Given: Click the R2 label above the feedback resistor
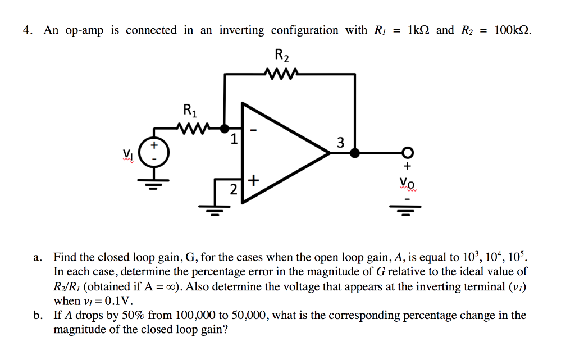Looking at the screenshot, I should click(282, 55).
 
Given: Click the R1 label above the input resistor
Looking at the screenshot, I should click(190, 110).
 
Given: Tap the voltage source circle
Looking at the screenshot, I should click(151, 152).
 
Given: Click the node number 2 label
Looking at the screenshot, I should click(234, 190).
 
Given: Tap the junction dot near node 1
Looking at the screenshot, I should click(225, 128).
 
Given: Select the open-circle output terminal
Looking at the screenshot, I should click(408, 152).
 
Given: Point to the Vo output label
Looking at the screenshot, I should click(408, 183).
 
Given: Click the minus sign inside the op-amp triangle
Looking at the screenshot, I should click(254, 131).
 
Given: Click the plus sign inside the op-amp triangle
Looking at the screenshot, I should click(253, 180).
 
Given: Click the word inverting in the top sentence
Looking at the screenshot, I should click(241, 30).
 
